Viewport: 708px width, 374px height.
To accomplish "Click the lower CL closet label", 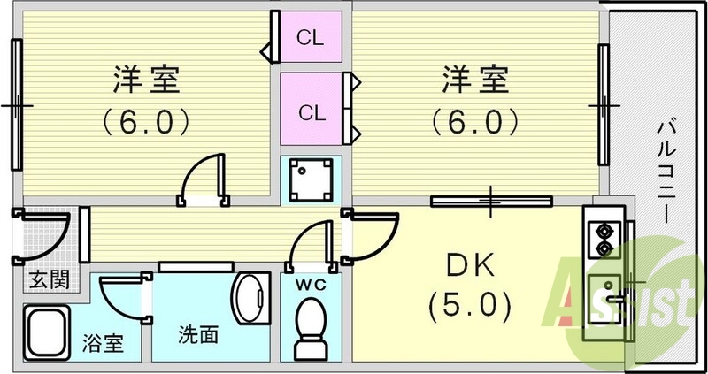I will tap(310, 112).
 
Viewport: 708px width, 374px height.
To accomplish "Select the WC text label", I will tap(309, 285).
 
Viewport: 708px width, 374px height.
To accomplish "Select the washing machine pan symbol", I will tap(310, 177).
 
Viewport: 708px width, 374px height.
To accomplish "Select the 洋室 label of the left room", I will tap(147, 80).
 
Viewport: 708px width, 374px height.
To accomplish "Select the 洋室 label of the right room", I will tap(476, 80).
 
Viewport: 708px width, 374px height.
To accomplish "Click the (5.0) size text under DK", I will tap(469, 307).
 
